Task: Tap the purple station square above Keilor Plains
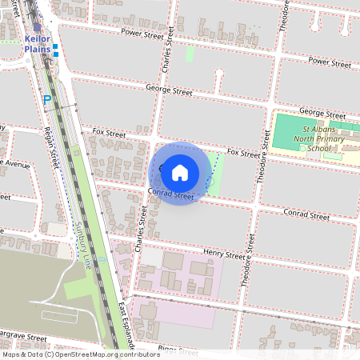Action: (x=37, y=26)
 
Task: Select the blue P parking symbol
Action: (x=46, y=100)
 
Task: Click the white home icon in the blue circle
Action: (x=180, y=172)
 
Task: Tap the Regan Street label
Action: (x=54, y=147)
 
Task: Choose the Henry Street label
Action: (x=223, y=254)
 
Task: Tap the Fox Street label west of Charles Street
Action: (x=110, y=132)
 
